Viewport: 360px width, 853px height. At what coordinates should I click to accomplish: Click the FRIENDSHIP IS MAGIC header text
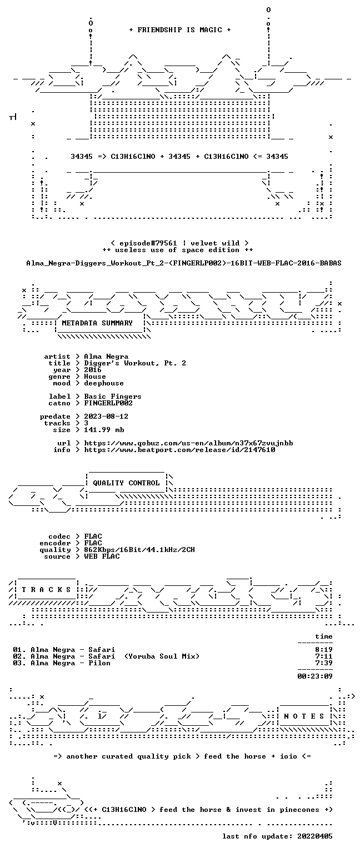point(180,29)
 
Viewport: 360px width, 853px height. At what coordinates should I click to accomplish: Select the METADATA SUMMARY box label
point(97,323)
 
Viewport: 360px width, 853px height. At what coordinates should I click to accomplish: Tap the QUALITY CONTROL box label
point(126,483)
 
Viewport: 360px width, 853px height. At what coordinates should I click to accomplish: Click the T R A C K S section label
point(46,589)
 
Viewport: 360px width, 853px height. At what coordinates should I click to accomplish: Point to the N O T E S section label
point(304,716)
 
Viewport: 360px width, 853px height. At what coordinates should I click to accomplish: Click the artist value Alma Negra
point(106,357)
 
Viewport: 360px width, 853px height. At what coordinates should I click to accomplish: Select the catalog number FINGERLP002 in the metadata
point(108,403)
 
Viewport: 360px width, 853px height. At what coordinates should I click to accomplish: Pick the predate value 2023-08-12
point(106,416)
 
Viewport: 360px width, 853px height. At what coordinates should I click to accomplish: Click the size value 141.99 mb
point(104,429)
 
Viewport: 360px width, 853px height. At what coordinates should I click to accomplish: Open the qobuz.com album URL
point(188,443)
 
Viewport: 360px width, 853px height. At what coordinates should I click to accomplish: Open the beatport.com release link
point(180,450)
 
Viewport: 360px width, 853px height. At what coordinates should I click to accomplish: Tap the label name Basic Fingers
point(113,397)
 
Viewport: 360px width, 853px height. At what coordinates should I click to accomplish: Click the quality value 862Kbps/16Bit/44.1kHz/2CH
point(139,549)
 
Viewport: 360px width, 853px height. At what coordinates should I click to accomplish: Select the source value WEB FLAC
point(102,556)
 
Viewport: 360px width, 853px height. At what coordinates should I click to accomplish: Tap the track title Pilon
point(99,663)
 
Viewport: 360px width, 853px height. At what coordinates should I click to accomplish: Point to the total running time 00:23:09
point(315,676)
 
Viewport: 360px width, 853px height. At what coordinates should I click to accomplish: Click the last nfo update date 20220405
point(315,836)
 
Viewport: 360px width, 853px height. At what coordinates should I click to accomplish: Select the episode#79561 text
point(148,243)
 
